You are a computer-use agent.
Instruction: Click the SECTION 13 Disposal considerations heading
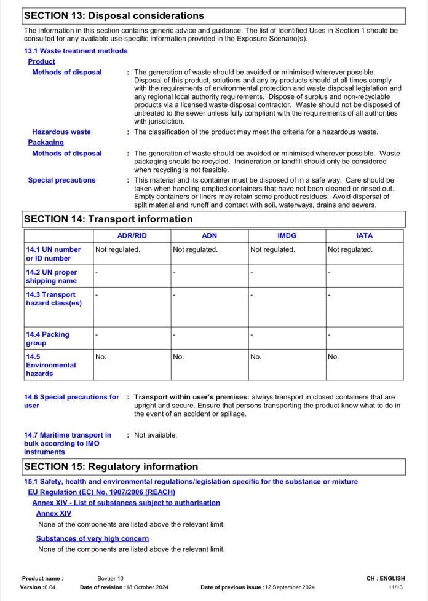click(114, 15)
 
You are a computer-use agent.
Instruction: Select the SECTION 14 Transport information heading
click(108, 219)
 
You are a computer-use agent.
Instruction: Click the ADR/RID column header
click(132, 236)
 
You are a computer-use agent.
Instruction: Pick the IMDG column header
click(287, 236)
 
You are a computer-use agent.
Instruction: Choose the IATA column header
click(364, 236)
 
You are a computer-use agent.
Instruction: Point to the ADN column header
click(209, 236)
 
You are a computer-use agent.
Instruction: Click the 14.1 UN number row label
click(53, 254)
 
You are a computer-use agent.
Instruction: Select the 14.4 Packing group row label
click(47, 339)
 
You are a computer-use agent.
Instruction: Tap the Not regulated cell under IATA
click(350, 249)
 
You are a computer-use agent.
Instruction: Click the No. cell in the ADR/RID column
click(101, 356)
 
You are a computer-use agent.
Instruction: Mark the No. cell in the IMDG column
click(256, 356)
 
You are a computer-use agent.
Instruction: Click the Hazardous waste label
click(61, 132)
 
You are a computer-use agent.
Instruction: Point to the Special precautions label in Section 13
click(61, 180)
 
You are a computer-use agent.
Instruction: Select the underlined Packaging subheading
click(46, 143)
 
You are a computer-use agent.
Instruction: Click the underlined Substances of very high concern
click(92, 538)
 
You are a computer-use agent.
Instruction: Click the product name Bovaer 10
click(110, 578)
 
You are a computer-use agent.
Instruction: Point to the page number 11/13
click(396, 587)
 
